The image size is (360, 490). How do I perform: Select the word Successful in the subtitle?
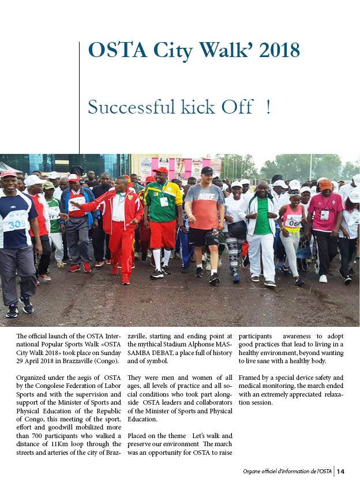coord(122,107)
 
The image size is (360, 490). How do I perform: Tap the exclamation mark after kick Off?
coord(268,107)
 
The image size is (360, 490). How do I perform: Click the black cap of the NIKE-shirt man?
coord(207,171)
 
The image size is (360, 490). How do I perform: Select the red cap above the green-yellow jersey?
coord(161,171)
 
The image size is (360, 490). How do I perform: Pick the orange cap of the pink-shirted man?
coord(325,184)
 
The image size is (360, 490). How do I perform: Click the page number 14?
coord(341,472)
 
